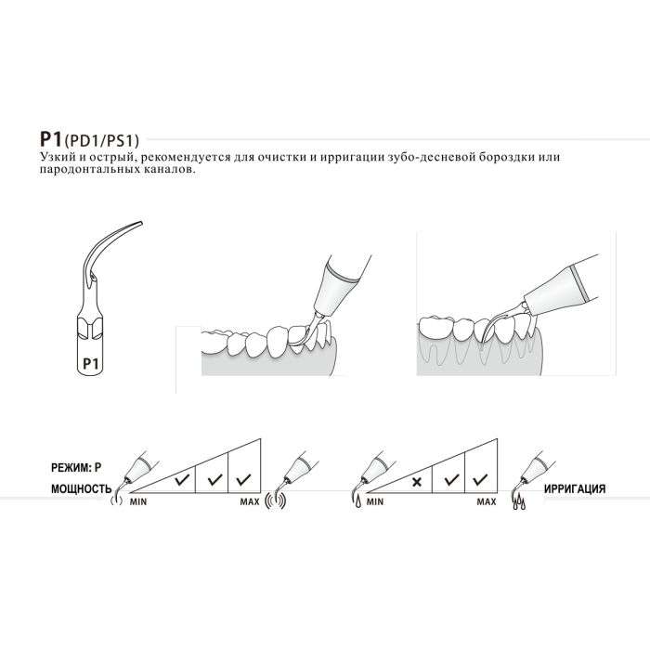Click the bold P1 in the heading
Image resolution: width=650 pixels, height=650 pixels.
click(50, 139)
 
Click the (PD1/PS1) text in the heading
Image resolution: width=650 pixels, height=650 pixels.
click(101, 141)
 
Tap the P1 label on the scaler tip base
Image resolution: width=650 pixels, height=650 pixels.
click(91, 364)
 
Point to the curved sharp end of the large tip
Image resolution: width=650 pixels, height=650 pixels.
click(141, 223)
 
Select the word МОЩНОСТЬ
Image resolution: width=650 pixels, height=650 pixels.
click(82, 488)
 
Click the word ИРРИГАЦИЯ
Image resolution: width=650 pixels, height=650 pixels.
click(575, 488)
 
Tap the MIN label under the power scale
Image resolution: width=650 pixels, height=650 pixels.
click(138, 502)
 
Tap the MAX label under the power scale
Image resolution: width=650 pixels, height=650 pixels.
click(250, 502)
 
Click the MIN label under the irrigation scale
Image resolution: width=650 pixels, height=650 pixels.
click(375, 502)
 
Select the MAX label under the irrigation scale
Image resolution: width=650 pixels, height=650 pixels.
click(487, 502)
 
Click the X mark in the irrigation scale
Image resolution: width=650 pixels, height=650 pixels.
click(417, 482)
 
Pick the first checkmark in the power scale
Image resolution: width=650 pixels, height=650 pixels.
click(182, 480)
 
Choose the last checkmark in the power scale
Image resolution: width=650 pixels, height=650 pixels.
click(243, 480)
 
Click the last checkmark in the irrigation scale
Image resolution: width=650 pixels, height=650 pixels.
click(480, 480)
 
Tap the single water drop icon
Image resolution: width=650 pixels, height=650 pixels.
click(358, 502)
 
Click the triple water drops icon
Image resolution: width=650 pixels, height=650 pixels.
click(519, 503)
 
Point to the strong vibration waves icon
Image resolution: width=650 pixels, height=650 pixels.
click(275, 500)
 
